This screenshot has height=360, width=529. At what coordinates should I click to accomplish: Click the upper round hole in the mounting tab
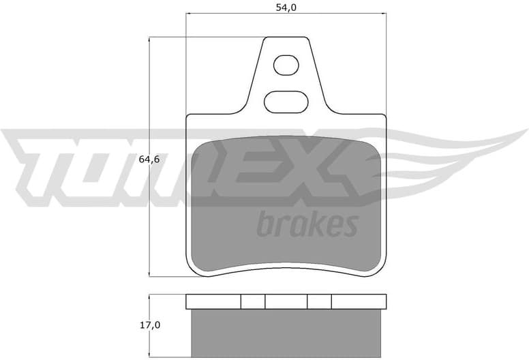coord(286,66)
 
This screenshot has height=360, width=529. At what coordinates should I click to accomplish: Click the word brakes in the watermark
coord(307,224)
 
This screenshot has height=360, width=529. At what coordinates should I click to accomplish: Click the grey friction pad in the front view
coord(286,205)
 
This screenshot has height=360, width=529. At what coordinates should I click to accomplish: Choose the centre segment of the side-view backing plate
coord(286,301)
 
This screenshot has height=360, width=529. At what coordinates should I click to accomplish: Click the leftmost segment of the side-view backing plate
coord(213,301)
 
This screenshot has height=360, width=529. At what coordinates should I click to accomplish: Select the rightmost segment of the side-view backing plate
coord(359,301)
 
